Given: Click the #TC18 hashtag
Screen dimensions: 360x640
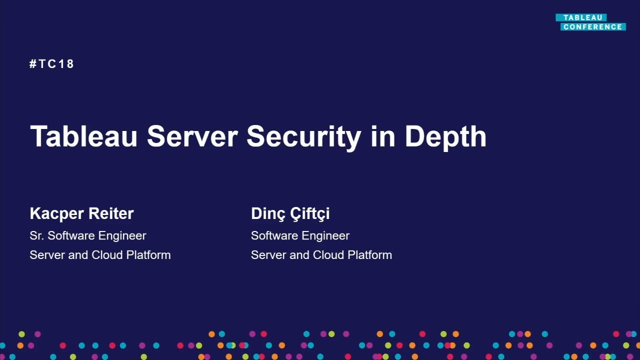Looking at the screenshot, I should pos(52,64).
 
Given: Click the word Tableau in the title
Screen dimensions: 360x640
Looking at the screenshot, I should pos(83,136).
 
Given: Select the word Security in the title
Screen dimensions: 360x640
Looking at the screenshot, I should pos(303,136).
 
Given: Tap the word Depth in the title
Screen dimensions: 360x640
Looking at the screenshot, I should pos(445,136).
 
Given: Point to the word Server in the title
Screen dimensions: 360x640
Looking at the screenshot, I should pos(192,136).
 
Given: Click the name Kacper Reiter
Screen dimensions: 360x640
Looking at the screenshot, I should pos(81,213).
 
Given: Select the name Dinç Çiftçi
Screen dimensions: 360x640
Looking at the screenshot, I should pos(290,213).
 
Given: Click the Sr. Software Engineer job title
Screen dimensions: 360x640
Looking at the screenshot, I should pos(88,235).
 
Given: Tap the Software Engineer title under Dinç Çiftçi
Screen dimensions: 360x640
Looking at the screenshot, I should pos(300,235).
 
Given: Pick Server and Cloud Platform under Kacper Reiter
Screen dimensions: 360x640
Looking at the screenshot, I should pos(100,255).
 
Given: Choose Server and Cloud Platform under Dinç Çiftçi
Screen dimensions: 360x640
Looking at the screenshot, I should pos(321,255).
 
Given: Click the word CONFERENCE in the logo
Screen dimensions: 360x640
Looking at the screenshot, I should pos(592,27).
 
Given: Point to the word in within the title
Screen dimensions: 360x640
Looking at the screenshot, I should pos(382,136).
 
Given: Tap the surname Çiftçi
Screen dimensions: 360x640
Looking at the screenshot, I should pos(310,213).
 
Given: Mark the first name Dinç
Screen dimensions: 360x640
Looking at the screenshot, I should pos(267,213).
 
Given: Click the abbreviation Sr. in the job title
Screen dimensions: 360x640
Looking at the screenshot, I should pos(37,235).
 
